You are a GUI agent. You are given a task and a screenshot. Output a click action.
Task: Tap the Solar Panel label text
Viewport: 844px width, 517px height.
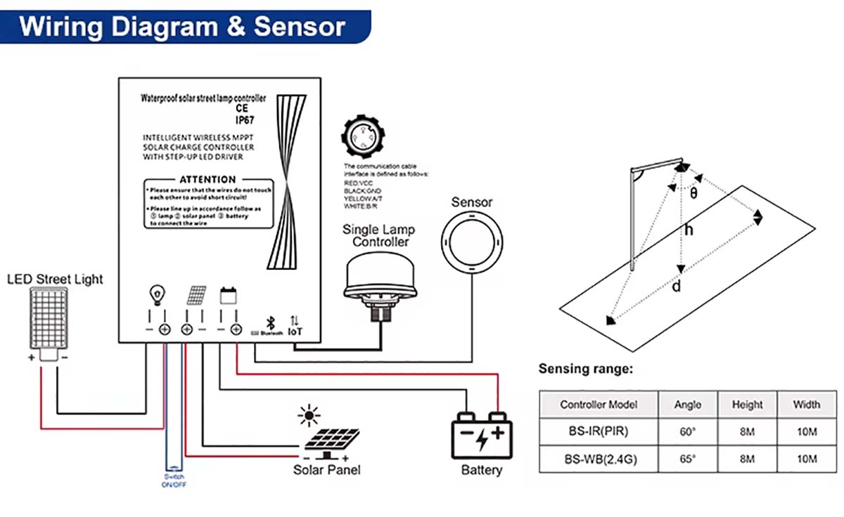click(327, 469)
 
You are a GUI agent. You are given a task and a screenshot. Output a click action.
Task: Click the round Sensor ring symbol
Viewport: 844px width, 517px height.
click(472, 244)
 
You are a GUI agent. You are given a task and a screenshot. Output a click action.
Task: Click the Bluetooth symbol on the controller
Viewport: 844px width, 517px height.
click(269, 322)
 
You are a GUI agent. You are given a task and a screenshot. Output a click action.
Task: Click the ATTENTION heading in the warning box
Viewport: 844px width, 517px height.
click(207, 180)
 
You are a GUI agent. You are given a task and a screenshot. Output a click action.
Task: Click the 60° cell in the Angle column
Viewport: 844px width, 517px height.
click(687, 432)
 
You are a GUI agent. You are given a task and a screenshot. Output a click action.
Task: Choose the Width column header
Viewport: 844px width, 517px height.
click(806, 405)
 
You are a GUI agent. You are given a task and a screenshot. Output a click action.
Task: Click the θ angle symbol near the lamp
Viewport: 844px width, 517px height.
click(694, 192)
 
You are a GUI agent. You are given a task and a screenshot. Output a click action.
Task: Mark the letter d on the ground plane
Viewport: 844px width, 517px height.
click(676, 287)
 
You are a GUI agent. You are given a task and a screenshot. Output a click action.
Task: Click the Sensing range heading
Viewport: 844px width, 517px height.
click(586, 369)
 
